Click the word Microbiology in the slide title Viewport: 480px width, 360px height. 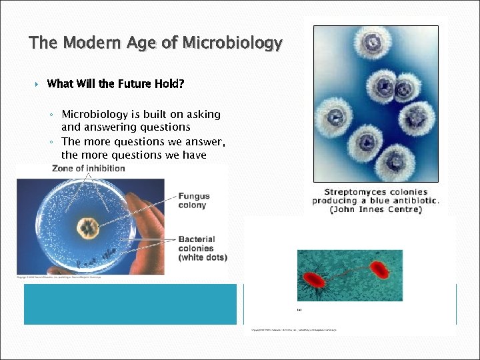click(x=232, y=44)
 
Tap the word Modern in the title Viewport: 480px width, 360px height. click(x=85, y=44)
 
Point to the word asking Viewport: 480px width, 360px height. click(x=201, y=114)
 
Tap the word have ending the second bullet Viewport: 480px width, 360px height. click(x=194, y=155)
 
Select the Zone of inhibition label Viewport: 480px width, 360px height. click(x=89, y=169)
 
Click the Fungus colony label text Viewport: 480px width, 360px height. click(x=193, y=201)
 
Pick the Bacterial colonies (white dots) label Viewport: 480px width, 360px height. click(x=203, y=248)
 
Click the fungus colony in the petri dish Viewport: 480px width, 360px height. click(x=87, y=227)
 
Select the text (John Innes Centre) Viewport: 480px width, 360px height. click(x=375, y=209)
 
